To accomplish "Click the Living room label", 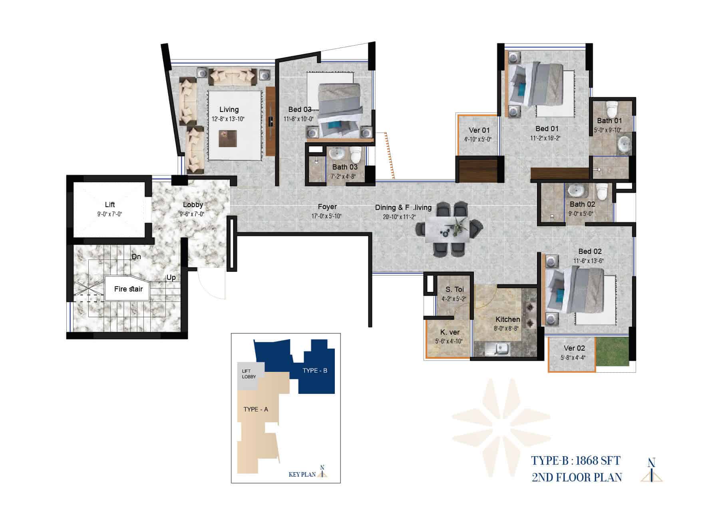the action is [229, 110].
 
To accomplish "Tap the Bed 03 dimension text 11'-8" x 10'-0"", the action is [298, 119].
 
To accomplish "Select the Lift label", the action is [110, 205].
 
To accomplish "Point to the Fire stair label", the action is [128, 289].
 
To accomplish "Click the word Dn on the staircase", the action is [136, 257].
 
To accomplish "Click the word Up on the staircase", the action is [171, 277].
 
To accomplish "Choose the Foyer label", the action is [327, 207].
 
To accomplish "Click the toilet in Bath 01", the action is [611, 108].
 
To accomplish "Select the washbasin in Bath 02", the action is [575, 191].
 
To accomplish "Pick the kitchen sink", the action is [497, 349].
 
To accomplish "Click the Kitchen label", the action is [508, 319].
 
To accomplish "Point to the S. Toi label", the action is [455, 289].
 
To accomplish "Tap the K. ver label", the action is [450, 332].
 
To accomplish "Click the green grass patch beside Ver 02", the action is [611, 351].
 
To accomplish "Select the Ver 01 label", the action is [479, 130].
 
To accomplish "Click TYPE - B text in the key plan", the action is [315, 371].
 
